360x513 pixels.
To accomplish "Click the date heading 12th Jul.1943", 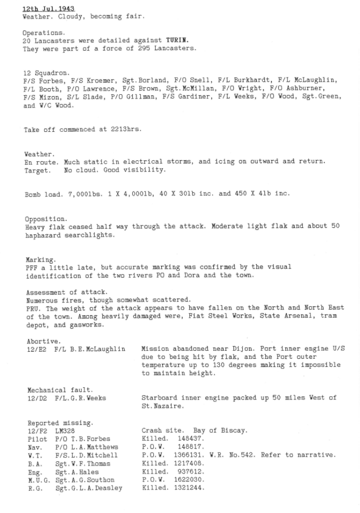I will [x=49, y=9].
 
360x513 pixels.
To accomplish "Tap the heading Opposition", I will [x=46, y=219].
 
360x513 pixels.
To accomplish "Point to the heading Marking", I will [x=41, y=260].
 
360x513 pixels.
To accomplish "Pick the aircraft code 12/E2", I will [x=37, y=349].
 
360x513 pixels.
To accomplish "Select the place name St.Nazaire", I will [x=161, y=406].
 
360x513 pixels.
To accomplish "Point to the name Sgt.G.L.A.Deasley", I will [x=89, y=488].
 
